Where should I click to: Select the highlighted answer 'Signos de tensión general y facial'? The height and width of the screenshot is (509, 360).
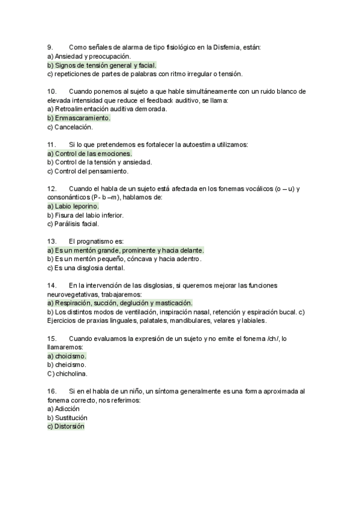(101, 65)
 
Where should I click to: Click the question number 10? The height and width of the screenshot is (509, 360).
(51, 91)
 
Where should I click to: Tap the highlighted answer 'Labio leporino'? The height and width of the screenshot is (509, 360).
(73, 206)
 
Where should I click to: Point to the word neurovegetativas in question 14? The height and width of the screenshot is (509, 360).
(71, 295)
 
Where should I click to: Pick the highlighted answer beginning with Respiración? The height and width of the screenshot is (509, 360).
(119, 303)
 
